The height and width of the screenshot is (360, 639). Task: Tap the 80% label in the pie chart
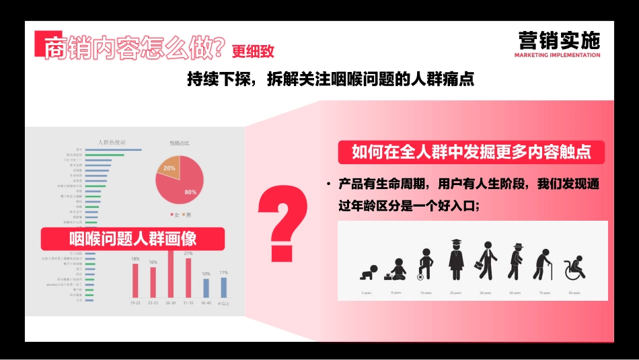(x=191, y=192)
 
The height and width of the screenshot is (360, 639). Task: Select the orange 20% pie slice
(x=170, y=168)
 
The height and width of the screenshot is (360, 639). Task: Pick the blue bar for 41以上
(x=224, y=287)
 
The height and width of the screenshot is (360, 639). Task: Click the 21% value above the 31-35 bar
(x=188, y=254)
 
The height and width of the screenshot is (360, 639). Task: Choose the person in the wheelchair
(x=574, y=268)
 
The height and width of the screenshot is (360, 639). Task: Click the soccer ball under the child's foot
(x=420, y=276)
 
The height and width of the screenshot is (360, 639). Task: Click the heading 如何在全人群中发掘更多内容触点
(x=471, y=152)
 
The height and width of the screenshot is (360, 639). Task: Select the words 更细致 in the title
(x=254, y=51)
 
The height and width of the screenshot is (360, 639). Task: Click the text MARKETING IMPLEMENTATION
(x=557, y=55)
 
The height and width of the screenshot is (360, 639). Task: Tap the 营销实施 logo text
(x=558, y=40)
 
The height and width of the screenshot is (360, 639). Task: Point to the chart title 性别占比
(x=179, y=143)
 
